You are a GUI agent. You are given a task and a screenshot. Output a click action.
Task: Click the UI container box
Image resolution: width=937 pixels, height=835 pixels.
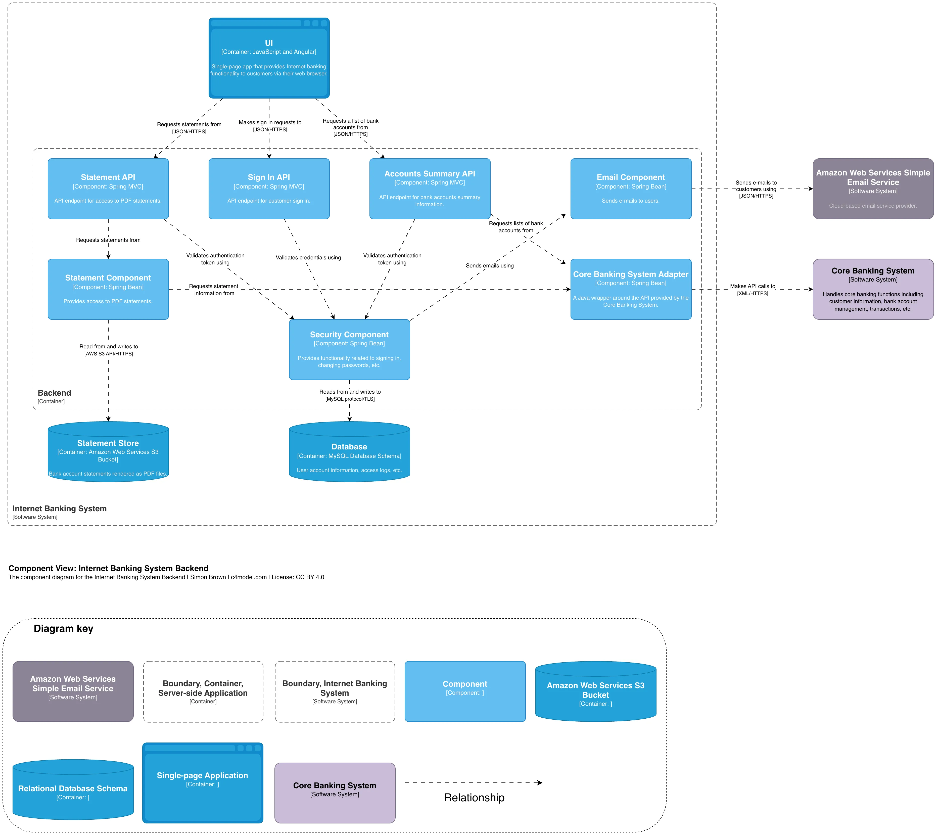pos(269,58)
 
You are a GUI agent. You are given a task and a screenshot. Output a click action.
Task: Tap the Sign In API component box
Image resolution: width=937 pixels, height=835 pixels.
pos(269,189)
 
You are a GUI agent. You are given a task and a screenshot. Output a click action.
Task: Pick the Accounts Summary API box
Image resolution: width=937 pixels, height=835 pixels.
pos(430,189)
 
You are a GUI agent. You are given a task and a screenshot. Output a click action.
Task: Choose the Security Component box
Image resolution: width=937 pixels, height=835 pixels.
pos(349,350)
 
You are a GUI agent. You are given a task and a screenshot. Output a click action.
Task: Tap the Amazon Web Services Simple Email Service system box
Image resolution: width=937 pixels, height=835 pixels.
pos(873,189)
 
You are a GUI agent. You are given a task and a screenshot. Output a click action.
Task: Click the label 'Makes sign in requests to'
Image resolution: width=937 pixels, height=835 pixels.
pos(270,122)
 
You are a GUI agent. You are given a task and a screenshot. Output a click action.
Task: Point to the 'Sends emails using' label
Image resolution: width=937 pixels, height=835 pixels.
pos(490,266)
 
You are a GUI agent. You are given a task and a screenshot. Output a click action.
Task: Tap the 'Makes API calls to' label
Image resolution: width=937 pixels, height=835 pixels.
pos(753,286)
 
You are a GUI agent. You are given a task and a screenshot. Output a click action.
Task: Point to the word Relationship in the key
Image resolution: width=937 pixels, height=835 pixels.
pos(474,798)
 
